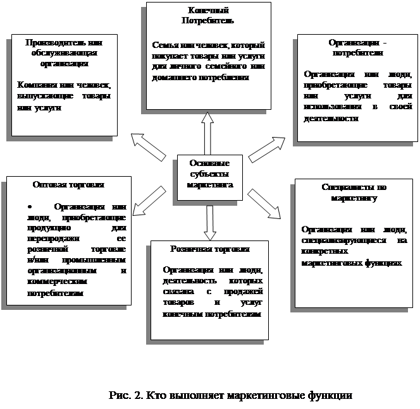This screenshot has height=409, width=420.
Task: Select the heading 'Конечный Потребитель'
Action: click(x=209, y=15)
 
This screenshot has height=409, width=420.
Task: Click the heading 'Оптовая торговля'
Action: click(x=68, y=185)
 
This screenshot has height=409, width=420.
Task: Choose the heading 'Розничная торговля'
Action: click(x=209, y=249)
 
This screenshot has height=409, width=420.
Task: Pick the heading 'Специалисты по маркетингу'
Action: click(x=354, y=193)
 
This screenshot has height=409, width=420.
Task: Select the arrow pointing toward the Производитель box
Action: click(x=148, y=146)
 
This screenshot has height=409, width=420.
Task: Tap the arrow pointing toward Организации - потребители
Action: click(x=266, y=148)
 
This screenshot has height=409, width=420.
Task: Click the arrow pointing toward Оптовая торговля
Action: click(x=151, y=199)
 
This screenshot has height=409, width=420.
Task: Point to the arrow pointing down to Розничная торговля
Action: click(x=209, y=222)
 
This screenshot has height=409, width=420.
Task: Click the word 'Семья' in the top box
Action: click(x=164, y=46)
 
